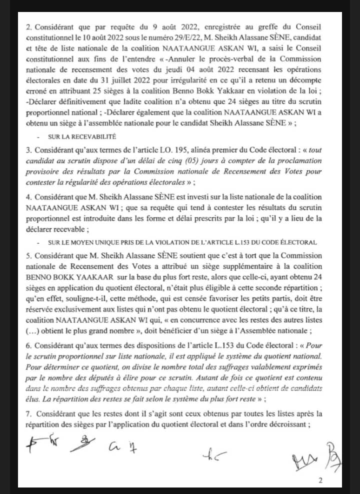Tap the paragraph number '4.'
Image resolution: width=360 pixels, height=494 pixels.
28,197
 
